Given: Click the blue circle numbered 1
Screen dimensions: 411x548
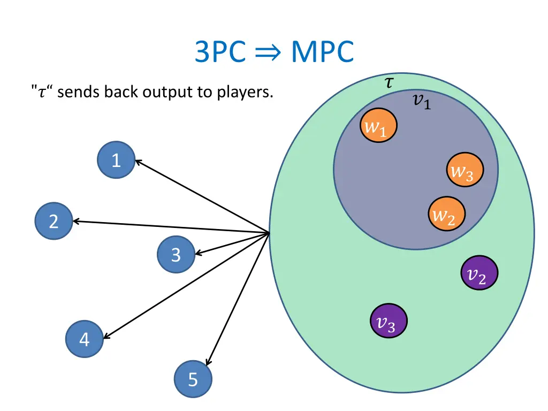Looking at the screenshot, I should [116, 160].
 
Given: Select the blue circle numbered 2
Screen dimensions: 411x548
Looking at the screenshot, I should [54, 221].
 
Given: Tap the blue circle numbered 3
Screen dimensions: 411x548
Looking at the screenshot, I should [176, 255].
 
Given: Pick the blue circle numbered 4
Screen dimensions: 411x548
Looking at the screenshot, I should [85, 339].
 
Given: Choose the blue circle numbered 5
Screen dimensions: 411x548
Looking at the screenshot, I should [193, 379].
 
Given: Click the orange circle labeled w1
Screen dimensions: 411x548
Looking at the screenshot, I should [378, 126].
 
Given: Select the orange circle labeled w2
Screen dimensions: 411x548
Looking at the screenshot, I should [447, 215].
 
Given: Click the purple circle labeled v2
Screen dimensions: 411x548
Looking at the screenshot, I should [479, 273].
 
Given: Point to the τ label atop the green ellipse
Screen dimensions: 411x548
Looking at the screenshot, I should [390, 82].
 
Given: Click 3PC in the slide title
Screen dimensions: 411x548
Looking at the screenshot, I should [220, 52].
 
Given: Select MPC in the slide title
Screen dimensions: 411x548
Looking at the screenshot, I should [322, 52].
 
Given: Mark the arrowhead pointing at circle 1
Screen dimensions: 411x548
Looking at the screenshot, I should [137, 161].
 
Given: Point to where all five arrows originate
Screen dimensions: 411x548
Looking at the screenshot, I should [269, 233].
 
